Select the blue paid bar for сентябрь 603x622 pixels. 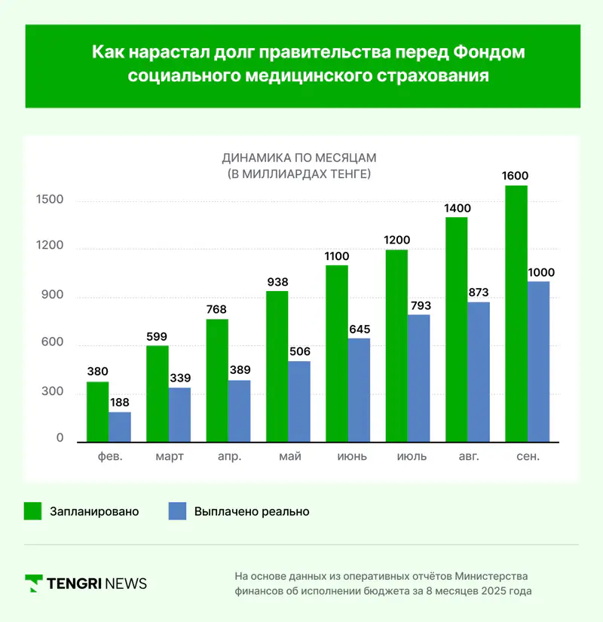pyautogui.click(x=538, y=362)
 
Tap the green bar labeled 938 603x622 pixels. pyautogui.click(x=277, y=366)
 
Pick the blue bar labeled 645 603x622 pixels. pyautogui.click(x=360, y=390)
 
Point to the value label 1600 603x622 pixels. pyautogui.click(x=516, y=176)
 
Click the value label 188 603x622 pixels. pyautogui.click(x=120, y=403)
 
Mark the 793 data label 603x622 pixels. pyautogui.click(x=419, y=306)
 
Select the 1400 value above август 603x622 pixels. pyautogui.click(x=457, y=208)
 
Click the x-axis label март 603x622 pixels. pyautogui.click(x=169, y=456)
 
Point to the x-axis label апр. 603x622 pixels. pyautogui.click(x=229, y=456)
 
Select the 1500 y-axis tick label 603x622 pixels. pyautogui.click(x=49, y=200)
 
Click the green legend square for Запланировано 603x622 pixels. pyautogui.click(x=32, y=511)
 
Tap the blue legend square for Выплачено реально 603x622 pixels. pyautogui.click(x=176, y=511)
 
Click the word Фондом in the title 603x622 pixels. pyautogui.click(x=489, y=53)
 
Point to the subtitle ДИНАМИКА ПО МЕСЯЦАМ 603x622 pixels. pyautogui.click(x=298, y=158)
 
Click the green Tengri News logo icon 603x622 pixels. pyautogui.click(x=33, y=583)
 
